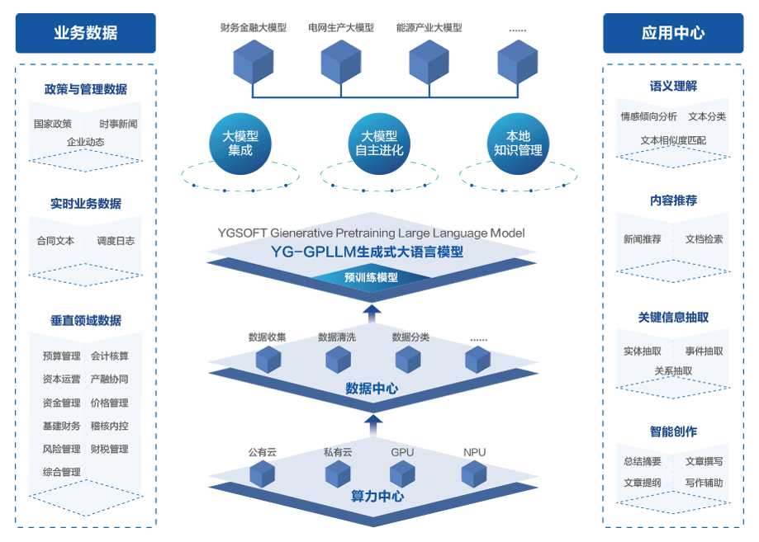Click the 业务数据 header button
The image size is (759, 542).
(85, 33)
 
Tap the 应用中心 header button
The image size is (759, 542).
(672, 33)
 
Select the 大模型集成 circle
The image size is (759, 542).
(240, 144)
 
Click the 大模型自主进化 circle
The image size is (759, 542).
(379, 144)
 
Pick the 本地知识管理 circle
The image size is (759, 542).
(518, 144)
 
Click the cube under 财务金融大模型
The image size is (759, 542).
(253, 61)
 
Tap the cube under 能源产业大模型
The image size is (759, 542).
(429, 61)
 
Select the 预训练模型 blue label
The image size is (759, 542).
(371, 278)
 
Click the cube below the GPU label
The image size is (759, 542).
(402, 474)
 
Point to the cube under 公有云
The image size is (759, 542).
(263, 474)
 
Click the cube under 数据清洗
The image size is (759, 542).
(338, 360)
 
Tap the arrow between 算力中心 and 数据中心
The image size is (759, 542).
(373, 425)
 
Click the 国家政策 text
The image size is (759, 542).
(53, 125)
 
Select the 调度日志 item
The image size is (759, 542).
(116, 241)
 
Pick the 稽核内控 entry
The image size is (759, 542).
(110, 427)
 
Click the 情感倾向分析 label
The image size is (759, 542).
(648, 117)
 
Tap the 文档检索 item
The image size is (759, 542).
(704, 239)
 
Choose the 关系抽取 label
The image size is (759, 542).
(673, 371)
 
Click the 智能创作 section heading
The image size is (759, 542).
(673, 431)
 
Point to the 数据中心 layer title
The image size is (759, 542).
(372, 388)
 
